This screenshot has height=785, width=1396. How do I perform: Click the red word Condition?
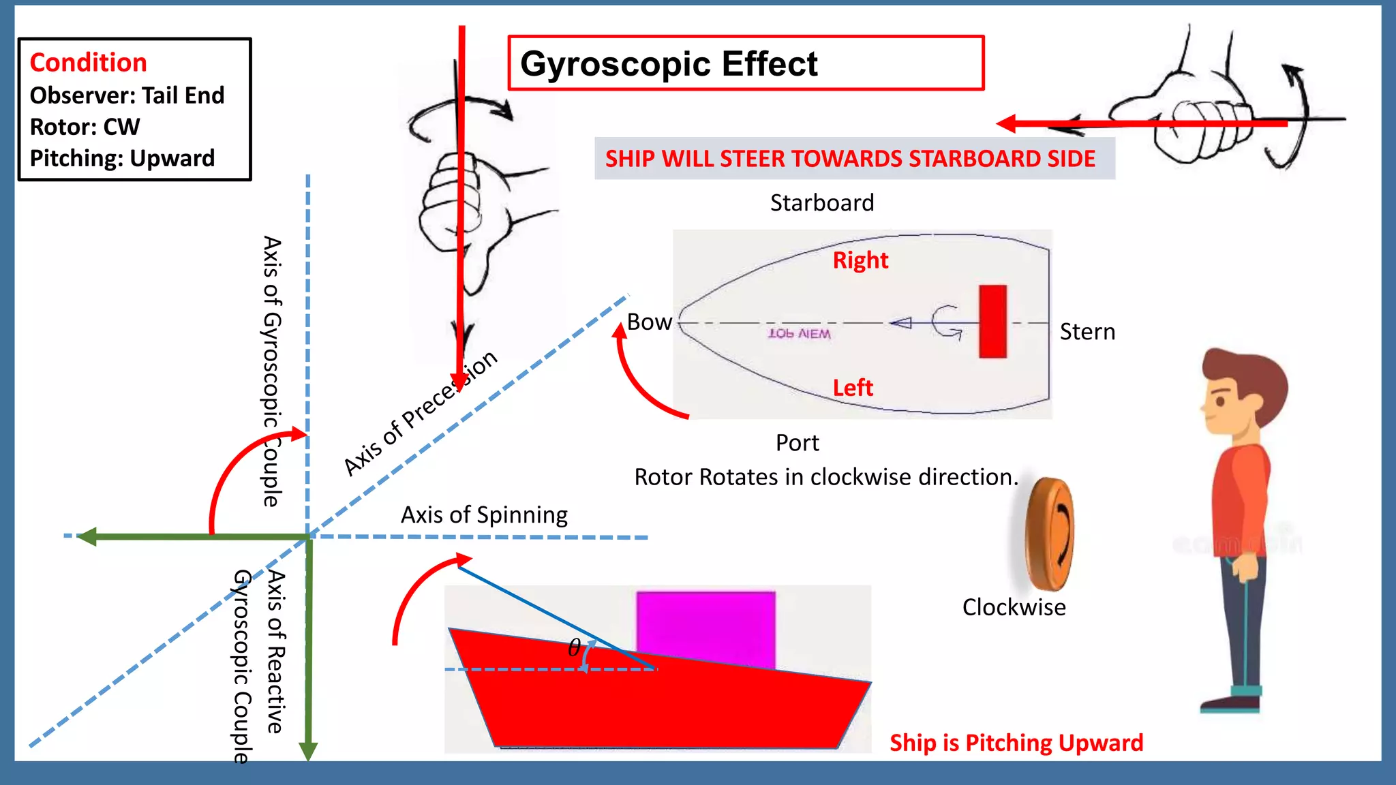88,63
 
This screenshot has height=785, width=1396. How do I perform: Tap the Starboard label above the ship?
821,203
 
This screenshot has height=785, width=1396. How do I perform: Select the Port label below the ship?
797,443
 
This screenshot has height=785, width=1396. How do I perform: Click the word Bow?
649,322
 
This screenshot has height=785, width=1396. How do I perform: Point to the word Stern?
1087,332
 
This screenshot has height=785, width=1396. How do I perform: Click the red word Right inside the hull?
860,260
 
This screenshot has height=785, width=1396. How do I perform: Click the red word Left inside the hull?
852,388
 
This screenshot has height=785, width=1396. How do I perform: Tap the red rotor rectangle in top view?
992,321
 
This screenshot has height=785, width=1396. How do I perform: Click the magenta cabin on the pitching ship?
705,624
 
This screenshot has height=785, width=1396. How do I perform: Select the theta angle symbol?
575,647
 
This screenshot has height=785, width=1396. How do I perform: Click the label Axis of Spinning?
484,515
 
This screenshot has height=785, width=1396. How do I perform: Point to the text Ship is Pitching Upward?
1016,743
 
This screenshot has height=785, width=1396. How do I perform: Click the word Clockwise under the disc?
1014,607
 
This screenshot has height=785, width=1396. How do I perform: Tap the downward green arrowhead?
308,750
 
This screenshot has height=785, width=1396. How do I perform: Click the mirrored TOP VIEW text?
799,334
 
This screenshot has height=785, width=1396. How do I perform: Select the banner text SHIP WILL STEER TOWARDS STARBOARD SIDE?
850,159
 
